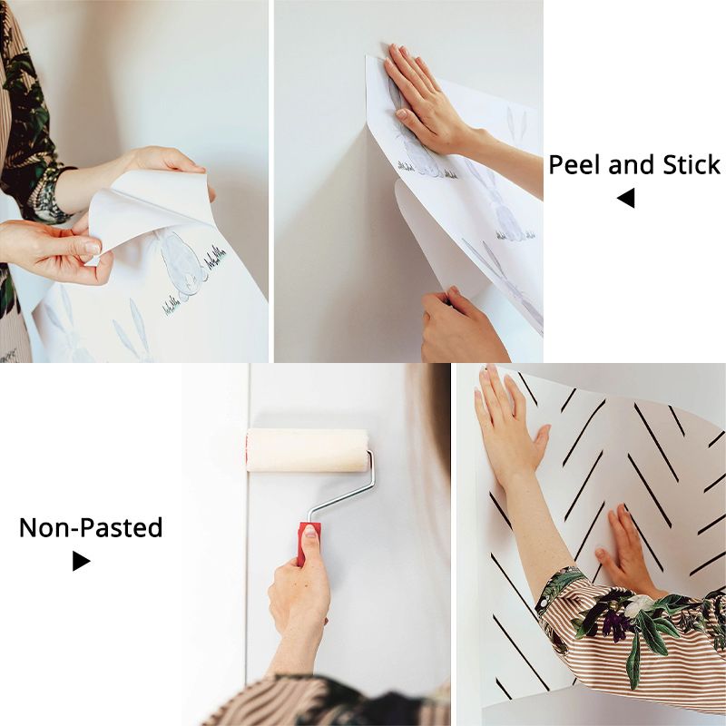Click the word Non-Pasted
click(91, 528)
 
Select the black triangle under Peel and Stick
click(626, 198)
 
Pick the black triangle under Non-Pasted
click(81, 561)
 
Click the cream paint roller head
click(308, 450)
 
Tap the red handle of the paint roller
click(308, 542)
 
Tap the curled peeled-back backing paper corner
click(148, 209)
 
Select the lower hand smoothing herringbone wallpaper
click(625, 551)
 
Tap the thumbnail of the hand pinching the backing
click(93, 248)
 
